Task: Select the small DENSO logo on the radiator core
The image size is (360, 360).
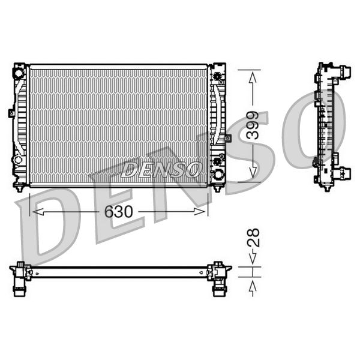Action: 161,170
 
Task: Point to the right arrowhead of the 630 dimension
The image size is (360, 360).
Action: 202,212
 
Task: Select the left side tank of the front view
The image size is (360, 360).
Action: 20,126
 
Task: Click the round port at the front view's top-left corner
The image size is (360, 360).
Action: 19,73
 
